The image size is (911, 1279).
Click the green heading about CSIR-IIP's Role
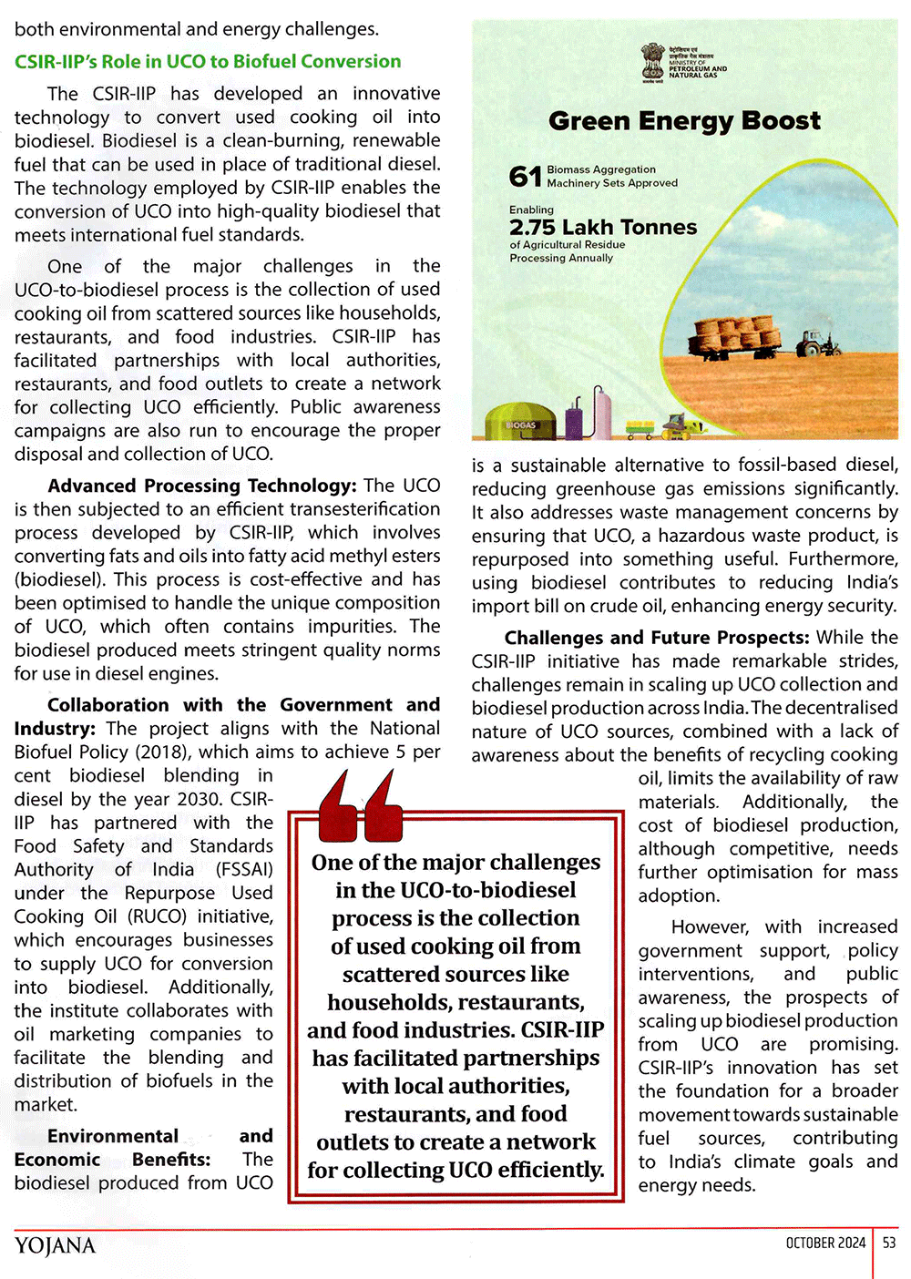208,62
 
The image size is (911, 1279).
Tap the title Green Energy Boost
684,121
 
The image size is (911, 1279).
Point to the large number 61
525,176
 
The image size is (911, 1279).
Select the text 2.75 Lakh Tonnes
603,228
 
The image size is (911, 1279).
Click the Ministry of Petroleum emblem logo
652,62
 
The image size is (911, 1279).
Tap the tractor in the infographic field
817,343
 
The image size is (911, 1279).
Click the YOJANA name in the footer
55,1245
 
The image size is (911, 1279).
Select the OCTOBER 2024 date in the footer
825,1243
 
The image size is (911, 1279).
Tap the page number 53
889,1243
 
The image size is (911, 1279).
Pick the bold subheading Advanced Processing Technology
201,486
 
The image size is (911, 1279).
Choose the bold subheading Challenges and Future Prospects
656,638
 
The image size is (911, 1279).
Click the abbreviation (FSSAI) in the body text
244,870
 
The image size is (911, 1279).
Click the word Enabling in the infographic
531,210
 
